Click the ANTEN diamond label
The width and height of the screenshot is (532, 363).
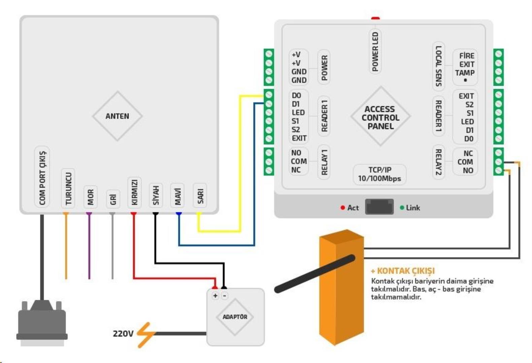[x=117, y=116]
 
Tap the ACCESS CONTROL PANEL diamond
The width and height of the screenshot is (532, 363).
[x=380, y=117]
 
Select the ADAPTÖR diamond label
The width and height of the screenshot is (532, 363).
[x=235, y=317]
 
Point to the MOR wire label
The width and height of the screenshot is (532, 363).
[x=90, y=197]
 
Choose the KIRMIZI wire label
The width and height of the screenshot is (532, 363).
[x=134, y=192]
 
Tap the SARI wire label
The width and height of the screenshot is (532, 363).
[x=200, y=196]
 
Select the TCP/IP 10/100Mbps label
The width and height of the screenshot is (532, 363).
[x=379, y=174]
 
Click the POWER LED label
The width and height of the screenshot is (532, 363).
[x=375, y=51]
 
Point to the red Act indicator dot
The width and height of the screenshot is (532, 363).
[x=343, y=208]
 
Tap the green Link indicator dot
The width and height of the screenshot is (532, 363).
[x=402, y=208]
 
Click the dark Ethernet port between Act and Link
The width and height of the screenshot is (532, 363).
[x=379, y=206]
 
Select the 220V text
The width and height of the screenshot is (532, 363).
[x=123, y=333]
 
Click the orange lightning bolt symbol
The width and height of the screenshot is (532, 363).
[x=145, y=335]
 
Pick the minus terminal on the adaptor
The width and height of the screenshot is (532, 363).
[x=225, y=296]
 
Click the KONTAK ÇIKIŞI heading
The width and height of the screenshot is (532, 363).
[x=403, y=271]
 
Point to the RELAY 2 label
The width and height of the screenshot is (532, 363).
[x=438, y=162]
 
